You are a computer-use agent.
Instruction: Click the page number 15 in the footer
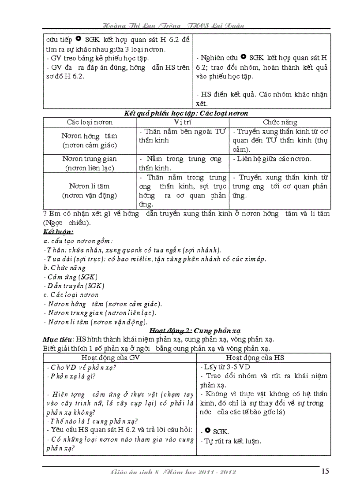[x=325, y=472]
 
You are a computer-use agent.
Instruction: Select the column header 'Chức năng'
[x=280, y=122]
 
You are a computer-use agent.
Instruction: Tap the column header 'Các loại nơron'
[x=90, y=122]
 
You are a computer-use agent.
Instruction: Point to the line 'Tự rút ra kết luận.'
[x=231, y=440]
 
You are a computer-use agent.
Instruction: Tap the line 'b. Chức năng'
[x=64, y=268]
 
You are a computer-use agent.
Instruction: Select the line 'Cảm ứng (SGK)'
[x=71, y=277]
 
